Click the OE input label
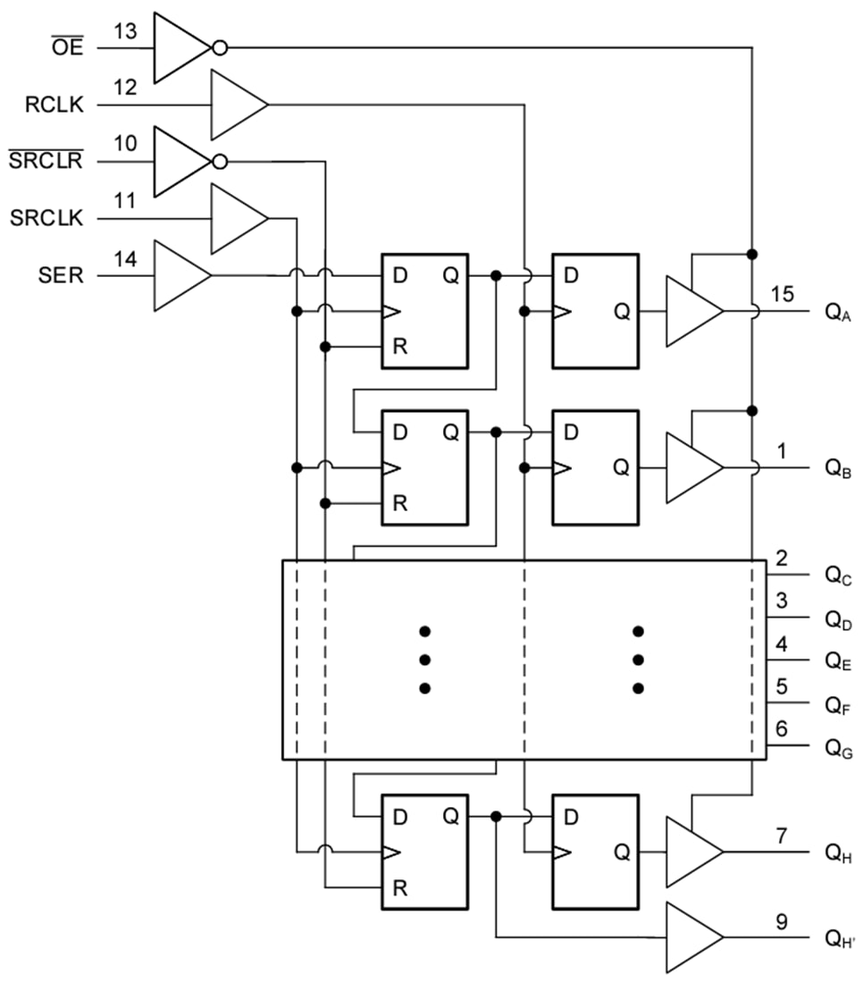[x=68, y=47]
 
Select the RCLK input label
[x=54, y=105]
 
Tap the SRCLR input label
[x=46, y=162]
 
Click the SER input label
[x=62, y=275]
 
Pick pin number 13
[x=126, y=32]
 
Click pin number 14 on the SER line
[x=126, y=260]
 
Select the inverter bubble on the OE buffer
[x=219, y=47]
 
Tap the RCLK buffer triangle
[x=238, y=105]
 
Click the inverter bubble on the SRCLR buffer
[x=219, y=162]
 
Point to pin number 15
[x=782, y=294]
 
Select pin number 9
[x=782, y=920]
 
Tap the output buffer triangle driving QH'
[x=692, y=937]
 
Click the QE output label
[x=838, y=662]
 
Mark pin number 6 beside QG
[x=782, y=728]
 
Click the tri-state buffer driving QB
[x=692, y=468]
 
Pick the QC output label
[x=838, y=576]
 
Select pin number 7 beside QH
[x=782, y=836]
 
